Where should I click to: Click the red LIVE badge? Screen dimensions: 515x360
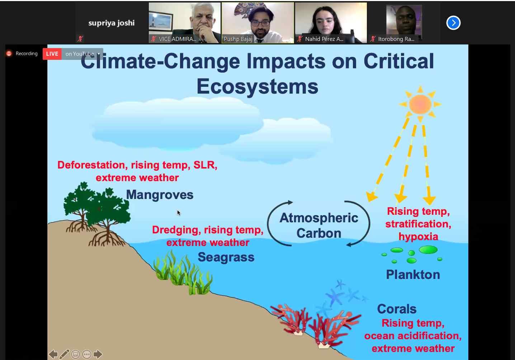pos(52,54)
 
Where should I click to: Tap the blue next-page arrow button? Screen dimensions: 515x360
pos(453,23)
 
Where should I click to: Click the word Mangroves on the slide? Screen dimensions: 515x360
pos(160,195)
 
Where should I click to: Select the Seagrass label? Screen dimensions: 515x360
pos(226,257)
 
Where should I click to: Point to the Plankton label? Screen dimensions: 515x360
pos(413,275)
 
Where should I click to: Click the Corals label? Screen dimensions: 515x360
pos(397,309)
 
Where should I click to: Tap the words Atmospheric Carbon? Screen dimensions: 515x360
pos(319,226)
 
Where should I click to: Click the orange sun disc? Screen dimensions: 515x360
pos(420,104)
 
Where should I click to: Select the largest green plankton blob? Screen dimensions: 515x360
pos(428,250)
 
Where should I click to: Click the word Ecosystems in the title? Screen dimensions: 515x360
pos(257,86)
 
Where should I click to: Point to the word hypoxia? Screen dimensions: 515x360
pos(418,237)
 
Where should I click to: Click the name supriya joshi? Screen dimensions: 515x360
pos(112,23)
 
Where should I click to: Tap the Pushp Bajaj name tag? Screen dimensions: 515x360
pos(238,39)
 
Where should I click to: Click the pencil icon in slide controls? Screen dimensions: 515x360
pos(65,354)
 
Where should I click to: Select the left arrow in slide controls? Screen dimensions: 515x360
pos(53,354)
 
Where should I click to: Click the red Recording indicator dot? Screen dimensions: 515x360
pos(9,53)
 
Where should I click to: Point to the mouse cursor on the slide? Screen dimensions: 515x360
pos(179,213)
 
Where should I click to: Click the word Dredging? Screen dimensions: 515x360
pos(175,230)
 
